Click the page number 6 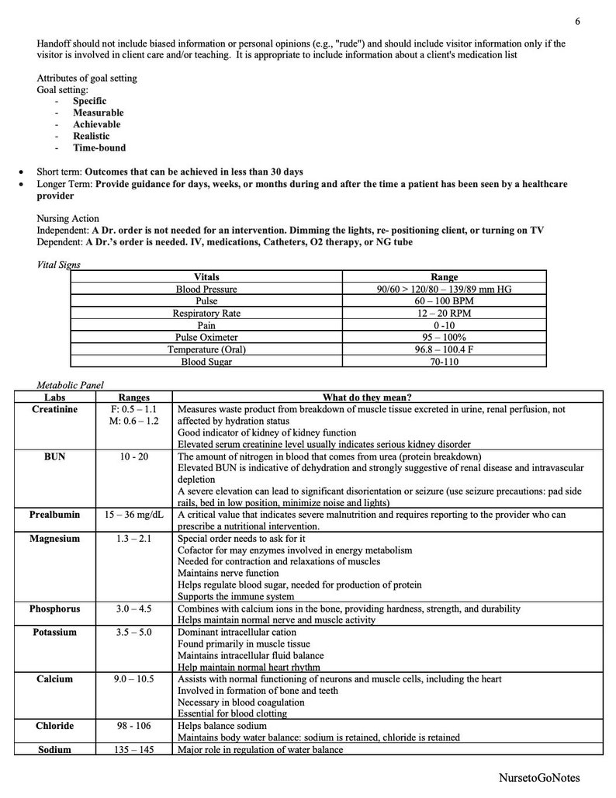[578, 21]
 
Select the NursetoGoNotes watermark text [540, 778]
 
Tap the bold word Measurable [98, 113]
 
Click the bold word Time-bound [99, 147]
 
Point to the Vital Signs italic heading [59, 264]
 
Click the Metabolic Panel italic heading [70, 385]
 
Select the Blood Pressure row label [206, 289]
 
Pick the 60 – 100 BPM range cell [445, 300]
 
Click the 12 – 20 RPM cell [445, 313]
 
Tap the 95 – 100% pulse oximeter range [445, 338]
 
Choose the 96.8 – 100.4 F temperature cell [445, 349]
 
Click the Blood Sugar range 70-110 [445, 362]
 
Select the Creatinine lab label [54, 409]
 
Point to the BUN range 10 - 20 [134, 456]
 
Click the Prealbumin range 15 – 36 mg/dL [134, 515]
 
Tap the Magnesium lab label [54, 539]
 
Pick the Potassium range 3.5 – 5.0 [134, 632]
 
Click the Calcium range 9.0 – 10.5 [134, 679]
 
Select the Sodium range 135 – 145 [134, 750]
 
